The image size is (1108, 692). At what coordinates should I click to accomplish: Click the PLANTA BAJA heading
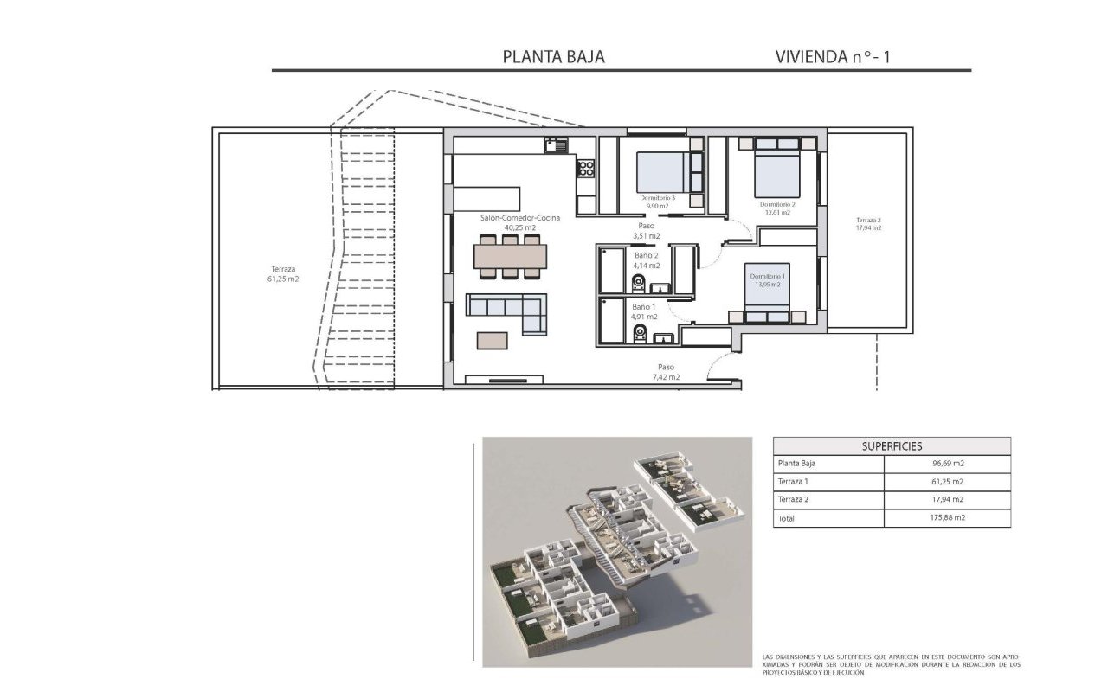(553, 57)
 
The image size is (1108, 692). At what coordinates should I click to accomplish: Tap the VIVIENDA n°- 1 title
(833, 57)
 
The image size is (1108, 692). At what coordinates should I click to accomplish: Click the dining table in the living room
(511, 256)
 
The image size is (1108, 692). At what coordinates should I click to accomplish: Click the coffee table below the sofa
(493, 340)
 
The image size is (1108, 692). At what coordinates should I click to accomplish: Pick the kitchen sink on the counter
(555, 145)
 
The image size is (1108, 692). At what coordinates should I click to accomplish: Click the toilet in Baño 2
(640, 284)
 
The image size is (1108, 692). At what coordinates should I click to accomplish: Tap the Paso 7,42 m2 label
(666, 372)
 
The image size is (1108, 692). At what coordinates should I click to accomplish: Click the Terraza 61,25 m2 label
(283, 274)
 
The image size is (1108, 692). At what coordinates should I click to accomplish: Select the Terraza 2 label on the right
(868, 223)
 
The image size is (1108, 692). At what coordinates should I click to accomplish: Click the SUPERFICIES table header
(892, 446)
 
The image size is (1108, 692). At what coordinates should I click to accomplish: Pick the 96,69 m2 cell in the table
(947, 464)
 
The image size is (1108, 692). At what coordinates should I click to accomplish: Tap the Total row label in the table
(787, 518)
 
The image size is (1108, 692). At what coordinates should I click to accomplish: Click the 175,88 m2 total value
(947, 518)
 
